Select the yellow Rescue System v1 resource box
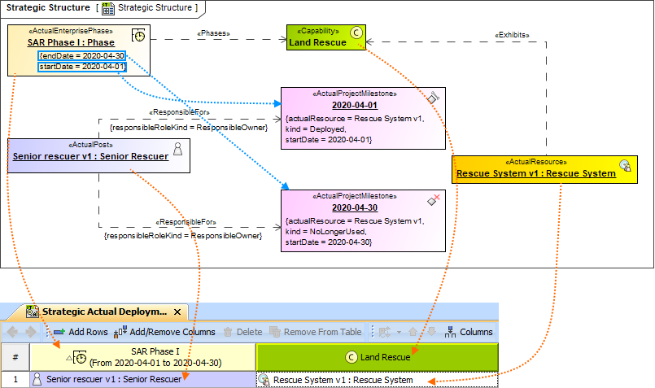click(535, 168)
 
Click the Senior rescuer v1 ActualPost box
click(98, 155)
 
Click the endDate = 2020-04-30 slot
click(81, 55)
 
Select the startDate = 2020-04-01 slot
click(81, 67)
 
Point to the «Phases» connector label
click(214, 33)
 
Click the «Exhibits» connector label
click(513, 35)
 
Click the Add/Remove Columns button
click(165, 332)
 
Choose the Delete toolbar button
click(243, 332)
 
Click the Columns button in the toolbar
click(469, 332)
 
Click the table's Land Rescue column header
click(377, 356)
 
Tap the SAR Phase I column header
click(142, 356)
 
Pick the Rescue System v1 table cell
click(377, 380)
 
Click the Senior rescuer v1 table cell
click(142, 380)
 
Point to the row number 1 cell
click(15, 380)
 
